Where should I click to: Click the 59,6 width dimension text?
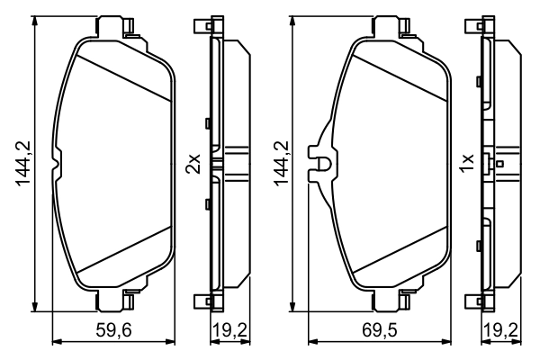pyautogui.click(x=114, y=330)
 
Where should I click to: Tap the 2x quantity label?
pyautogui.click(x=192, y=163)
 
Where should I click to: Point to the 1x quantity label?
pyautogui.click(x=465, y=163)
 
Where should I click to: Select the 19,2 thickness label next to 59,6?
pyautogui.click(x=229, y=330)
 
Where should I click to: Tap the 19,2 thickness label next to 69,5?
pyautogui.click(x=501, y=330)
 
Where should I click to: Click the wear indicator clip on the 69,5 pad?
pyautogui.click(x=320, y=164)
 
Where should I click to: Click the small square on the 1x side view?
pyautogui.click(x=500, y=164)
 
